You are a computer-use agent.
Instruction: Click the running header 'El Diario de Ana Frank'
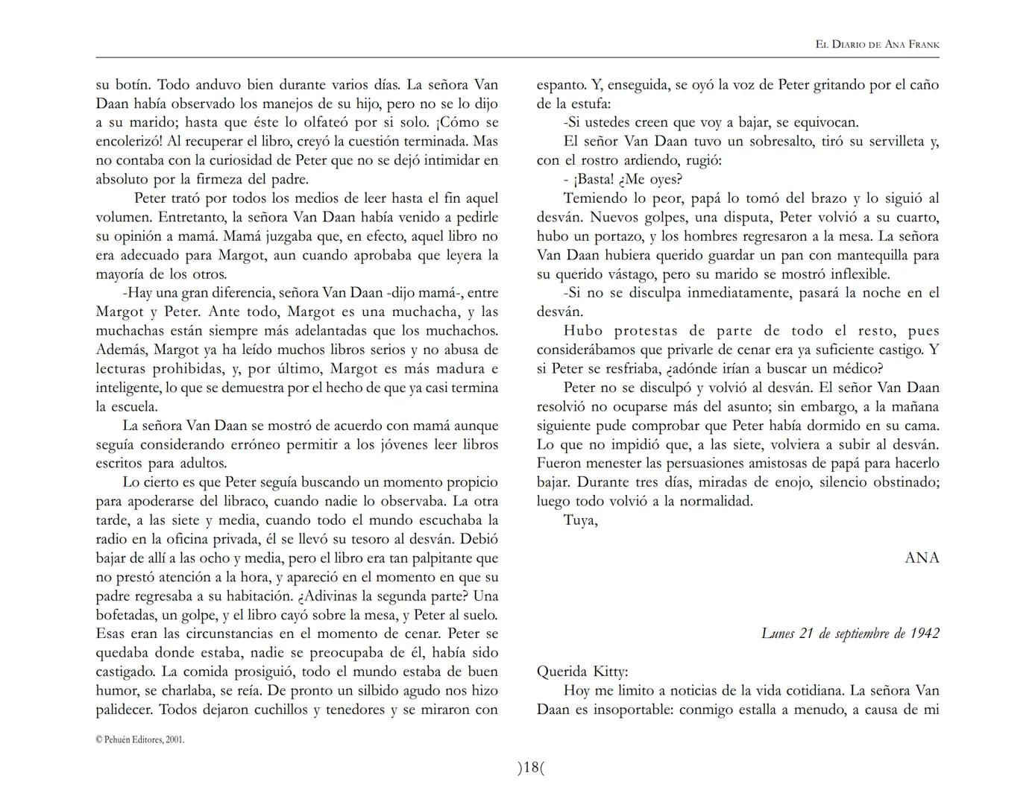pyautogui.click(x=877, y=44)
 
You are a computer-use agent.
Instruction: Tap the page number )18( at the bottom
pyautogui.click(x=531, y=767)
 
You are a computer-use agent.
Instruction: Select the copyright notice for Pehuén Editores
pyautogui.click(x=140, y=739)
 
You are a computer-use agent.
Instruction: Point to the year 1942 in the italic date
pyautogui.click(x=924, y=633)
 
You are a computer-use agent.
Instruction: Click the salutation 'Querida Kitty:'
pyautogui.click(x=582, y=671)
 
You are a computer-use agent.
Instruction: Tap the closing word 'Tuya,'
pyautogui.click(x=580, y=520)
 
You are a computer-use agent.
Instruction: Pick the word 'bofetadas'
pyautogui.click(x=126, y=615)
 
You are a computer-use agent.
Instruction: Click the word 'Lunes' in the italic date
pyautogui.click(x=778, y=633)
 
